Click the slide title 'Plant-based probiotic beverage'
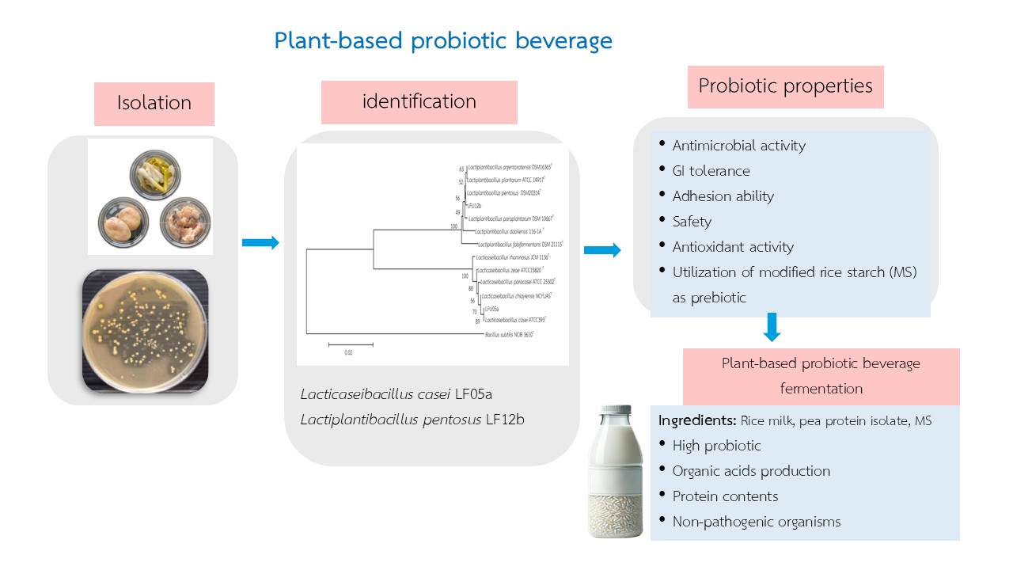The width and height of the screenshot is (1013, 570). coord(443,41)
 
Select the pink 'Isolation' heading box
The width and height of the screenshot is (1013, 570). coord(154,104)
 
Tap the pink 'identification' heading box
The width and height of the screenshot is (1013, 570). coord(419,102)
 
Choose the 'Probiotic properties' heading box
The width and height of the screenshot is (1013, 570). coord(785,86)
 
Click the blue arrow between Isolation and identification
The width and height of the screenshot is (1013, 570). coord(260,243)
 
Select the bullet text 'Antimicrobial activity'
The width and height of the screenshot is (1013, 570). coord(738,146)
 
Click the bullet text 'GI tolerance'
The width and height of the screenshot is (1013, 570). coord(711,171)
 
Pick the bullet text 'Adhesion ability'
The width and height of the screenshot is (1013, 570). coord(723,196)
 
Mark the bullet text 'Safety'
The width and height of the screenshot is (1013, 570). coord(692,222)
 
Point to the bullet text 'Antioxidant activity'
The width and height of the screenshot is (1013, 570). coord(733,247)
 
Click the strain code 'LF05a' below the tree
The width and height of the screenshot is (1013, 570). coord(477,394)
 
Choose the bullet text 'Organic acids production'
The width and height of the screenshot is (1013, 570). coord(751,471)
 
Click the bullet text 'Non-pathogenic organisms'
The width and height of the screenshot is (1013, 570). coord(756,522)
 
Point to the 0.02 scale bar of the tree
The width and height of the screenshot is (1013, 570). coord(350,344)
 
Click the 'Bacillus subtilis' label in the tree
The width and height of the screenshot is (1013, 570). coord(509,335)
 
